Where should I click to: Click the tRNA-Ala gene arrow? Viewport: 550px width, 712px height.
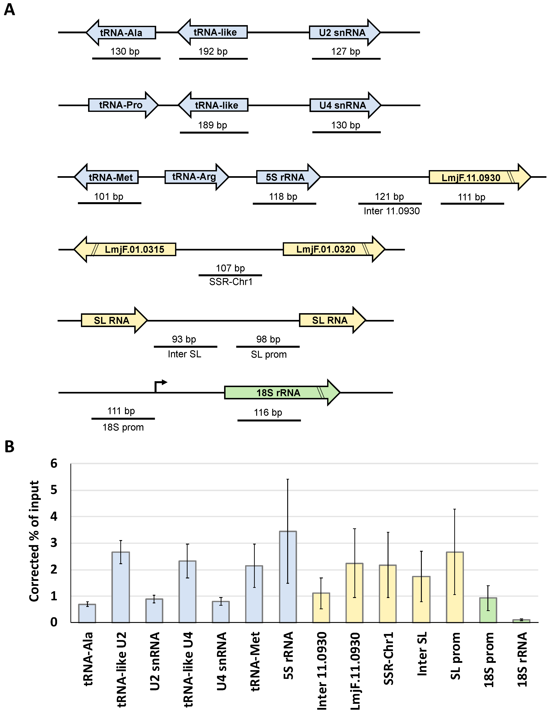pyautogui.click(x=121, y=33)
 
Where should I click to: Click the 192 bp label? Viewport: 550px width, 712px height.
pyautogui.click(x=213, y=51)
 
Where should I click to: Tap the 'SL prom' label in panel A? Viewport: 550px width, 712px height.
pyautogui.click(x=268, y=354)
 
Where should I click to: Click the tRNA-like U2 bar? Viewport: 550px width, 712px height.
pyautogui.click(x=121, y=587)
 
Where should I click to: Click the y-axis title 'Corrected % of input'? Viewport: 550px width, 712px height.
pyautogui.click(x=34, y=541)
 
